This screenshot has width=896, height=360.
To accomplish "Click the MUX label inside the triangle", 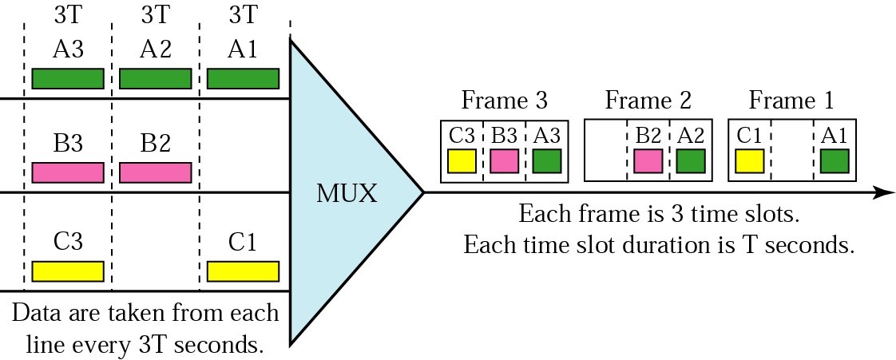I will click(x=347, y=193).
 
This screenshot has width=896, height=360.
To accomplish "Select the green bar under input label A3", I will click(x=68, y=78).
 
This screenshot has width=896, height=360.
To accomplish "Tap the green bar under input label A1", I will click(x=243, y=78).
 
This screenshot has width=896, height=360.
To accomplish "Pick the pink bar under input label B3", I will click(x=68, y=172).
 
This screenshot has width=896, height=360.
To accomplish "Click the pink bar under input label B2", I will click(x=155, y=172).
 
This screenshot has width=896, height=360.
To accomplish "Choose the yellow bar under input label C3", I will click(x=68, y=271).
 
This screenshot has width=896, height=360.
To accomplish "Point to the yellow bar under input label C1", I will click(x=243, y=271).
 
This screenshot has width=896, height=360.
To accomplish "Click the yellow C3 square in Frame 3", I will click(x=462, y=161).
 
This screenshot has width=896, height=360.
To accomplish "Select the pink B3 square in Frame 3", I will click(x=504, y=161).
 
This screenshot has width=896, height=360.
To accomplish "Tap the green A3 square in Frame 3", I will click(x=547, y=161).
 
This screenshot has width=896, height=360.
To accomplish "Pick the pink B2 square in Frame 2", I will click(x=648, y=161).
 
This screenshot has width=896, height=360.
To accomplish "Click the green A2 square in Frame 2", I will click(x=691, y=161).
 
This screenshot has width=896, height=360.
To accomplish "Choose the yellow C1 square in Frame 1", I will click(x=749, y=161).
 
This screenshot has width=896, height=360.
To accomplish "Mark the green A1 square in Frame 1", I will click(x=835, y=161).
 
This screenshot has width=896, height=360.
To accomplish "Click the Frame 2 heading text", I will click(x=648, y=101).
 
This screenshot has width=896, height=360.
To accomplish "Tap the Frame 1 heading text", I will click(x=791, y=101).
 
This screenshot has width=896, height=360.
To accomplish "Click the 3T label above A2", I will click(x=155, y=14).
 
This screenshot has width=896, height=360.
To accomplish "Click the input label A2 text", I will click(x=155, y=49).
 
